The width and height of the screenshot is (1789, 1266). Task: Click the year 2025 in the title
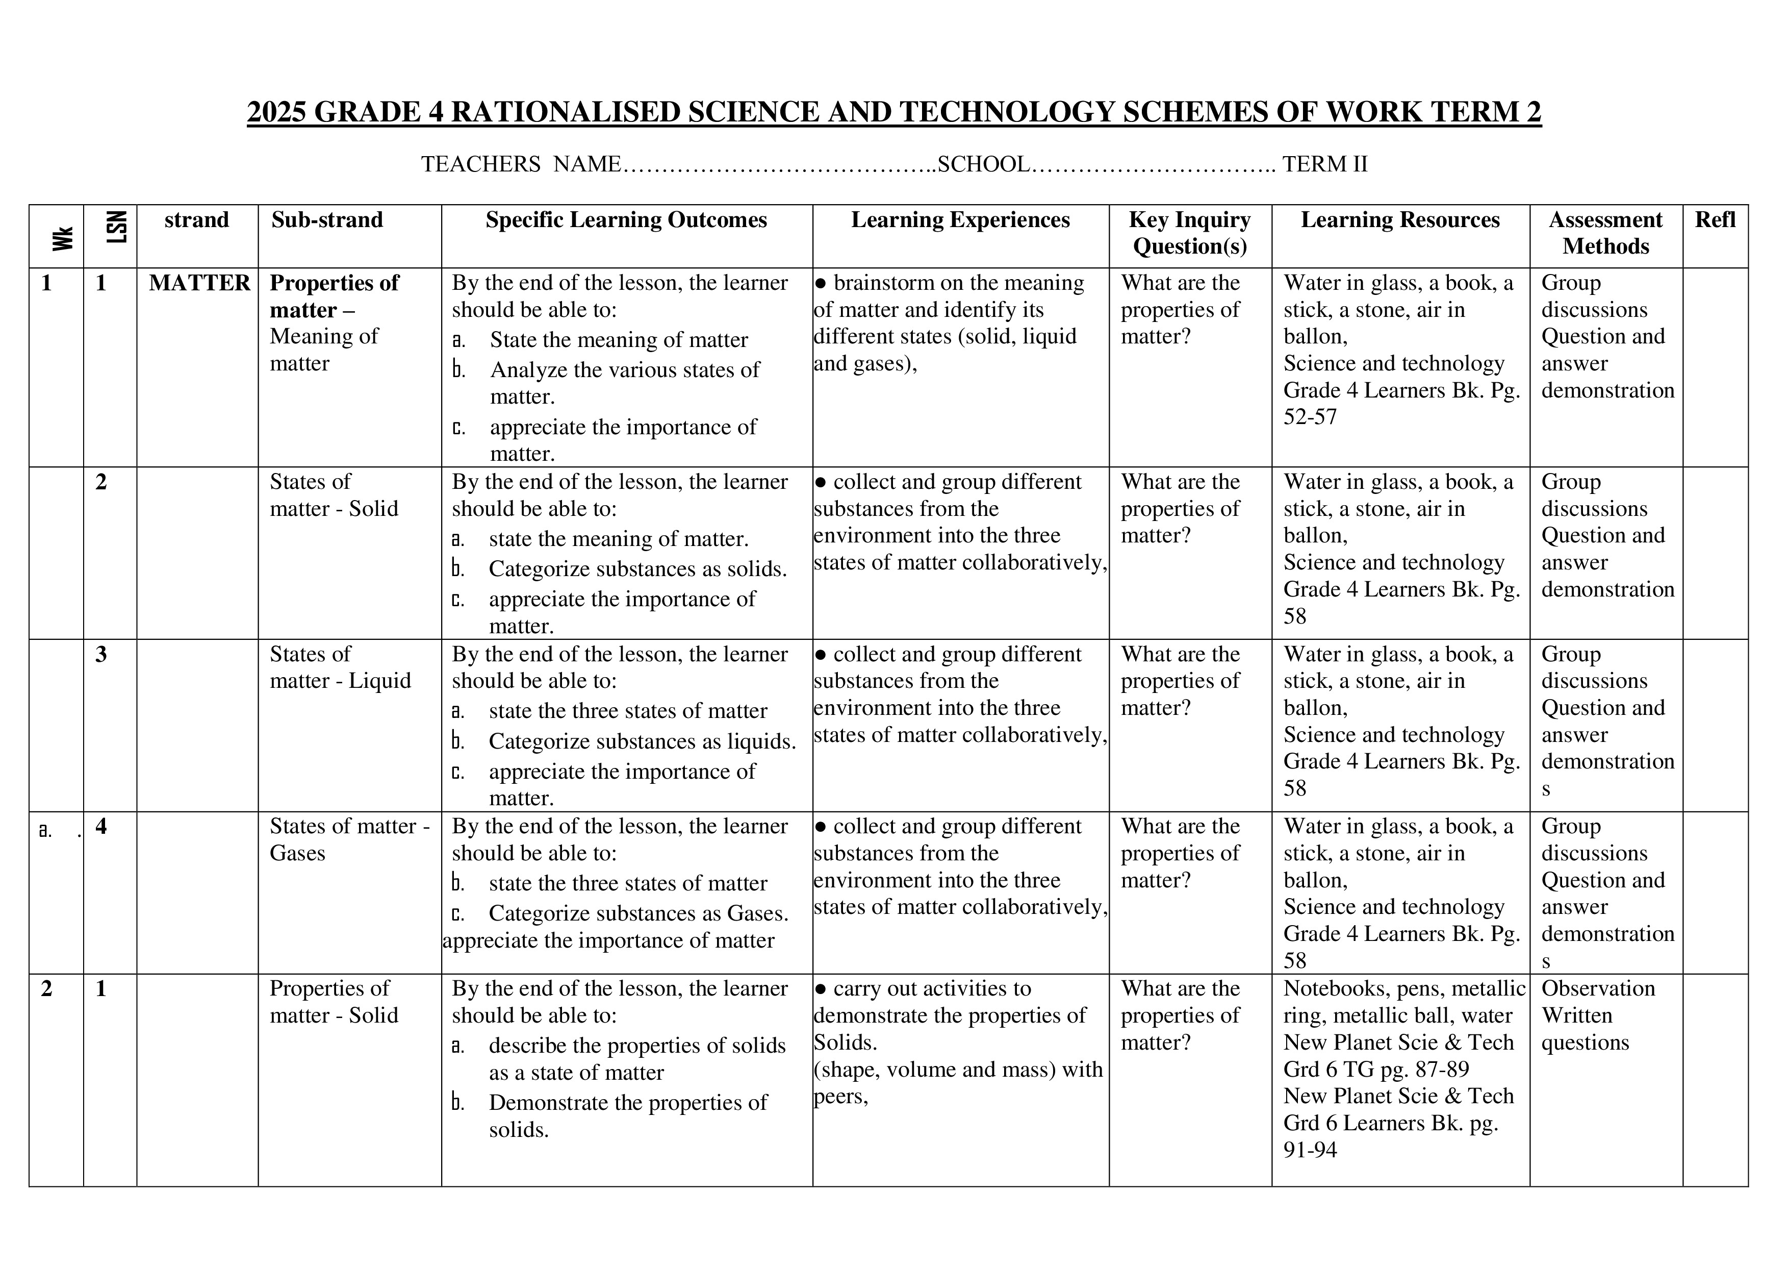click(x=277, y=112)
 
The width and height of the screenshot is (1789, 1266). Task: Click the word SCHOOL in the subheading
click(x=983, y=164)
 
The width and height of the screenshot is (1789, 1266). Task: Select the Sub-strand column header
click(x=327, y=220)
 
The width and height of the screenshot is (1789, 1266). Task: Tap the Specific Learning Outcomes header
click(x=626, y=220)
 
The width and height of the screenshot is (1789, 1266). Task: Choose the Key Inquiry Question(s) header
click(x=1189, y=233)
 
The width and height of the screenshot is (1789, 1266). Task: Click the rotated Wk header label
click(x=63, y=238)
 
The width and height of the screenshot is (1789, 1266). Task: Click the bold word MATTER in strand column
click(x=199, y=283)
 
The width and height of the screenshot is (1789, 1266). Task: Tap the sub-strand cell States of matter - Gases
click(x=349, y=839)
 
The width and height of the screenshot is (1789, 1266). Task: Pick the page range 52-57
click(x=1310, y=417)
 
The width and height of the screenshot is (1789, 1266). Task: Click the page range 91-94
click(x=1310, y=1150)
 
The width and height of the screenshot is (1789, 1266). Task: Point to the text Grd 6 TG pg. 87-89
click(x=1375, y=1070)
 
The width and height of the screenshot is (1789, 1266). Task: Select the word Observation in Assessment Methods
click(x=1597, y=988)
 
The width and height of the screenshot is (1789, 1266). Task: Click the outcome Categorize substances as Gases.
click(x=638, y=913)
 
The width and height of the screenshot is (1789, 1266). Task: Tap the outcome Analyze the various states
click(x=624, y=370)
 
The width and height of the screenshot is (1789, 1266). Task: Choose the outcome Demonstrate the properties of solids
click(x=627, y=1103)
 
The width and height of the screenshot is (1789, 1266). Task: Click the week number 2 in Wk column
click(x=47, y=988)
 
